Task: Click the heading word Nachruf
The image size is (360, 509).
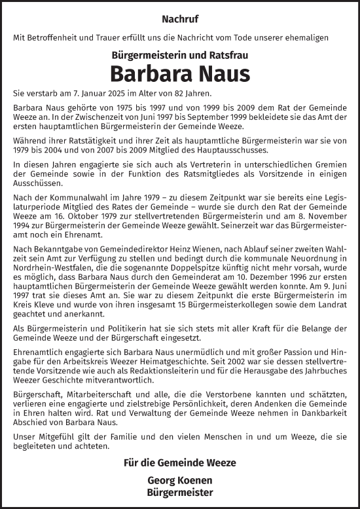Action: tap(179, 20)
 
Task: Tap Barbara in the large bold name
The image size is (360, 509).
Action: tap(143, 73)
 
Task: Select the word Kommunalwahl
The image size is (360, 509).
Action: tap(75, 190)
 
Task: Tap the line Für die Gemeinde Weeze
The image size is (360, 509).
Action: tap(179, 462)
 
